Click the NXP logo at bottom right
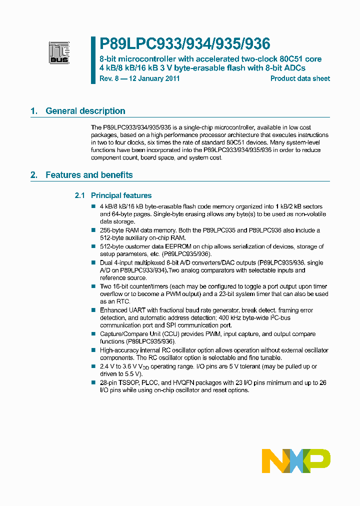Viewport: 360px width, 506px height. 296,460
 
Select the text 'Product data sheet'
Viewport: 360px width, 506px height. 300,78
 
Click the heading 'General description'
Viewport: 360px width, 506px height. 85,111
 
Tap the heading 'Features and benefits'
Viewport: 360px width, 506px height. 89,175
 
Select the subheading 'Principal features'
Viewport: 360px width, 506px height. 121,195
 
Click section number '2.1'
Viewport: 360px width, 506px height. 80,195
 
